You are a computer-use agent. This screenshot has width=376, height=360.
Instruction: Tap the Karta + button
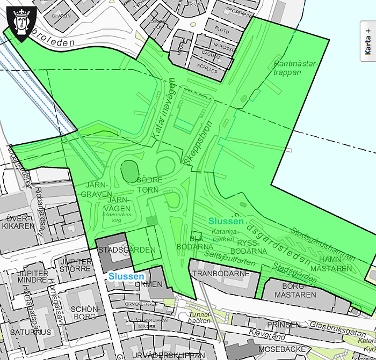point(368,41)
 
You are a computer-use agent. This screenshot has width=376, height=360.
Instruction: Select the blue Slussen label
point(126,276)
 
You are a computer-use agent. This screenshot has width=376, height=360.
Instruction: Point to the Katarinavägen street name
point(164,110)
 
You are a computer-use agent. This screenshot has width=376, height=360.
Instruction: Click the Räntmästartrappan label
point(296,68)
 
